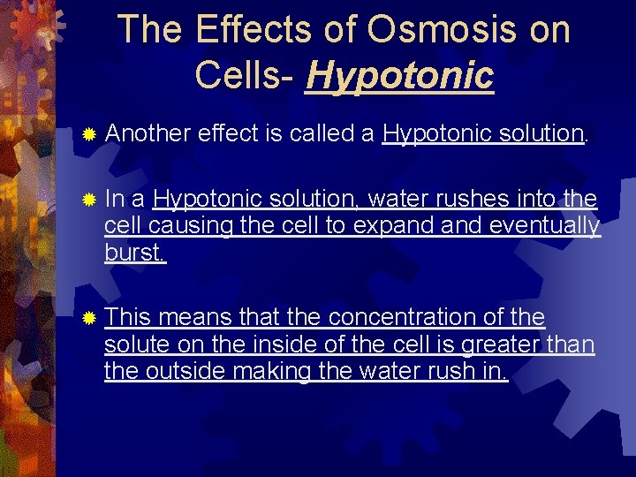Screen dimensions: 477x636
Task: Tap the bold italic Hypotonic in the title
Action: [399, 74]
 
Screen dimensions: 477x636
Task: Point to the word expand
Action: [393, 227]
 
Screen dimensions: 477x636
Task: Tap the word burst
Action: [134, 254]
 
